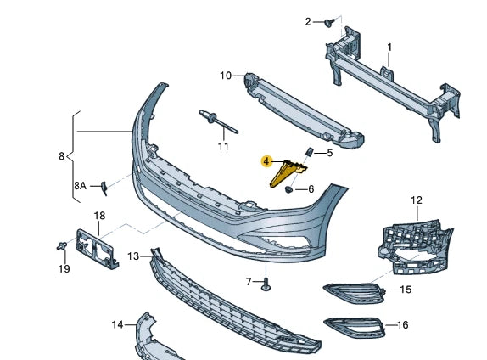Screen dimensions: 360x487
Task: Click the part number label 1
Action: click(x=389, y=47)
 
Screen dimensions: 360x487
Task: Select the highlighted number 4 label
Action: click(x=266, y=160)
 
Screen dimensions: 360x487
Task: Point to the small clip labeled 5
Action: click(x=310, y=152)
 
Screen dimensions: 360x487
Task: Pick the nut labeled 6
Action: click(x=290, y=189)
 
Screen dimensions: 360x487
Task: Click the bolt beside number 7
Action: click(x=266, y=283)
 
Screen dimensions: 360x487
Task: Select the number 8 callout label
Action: click(x=61, y=156)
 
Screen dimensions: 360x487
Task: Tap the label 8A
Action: click(x=80, y=185)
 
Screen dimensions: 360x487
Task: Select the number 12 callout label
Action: click(x=416, y=200)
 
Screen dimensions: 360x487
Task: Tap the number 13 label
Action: click(x=134, y=256)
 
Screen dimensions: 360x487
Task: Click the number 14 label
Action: click(x=117, y=323)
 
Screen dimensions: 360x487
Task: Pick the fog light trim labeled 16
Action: click(x=352, y=324)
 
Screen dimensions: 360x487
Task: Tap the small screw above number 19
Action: click(x=62, y=246)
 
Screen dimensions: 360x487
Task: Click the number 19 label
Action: click(x=64, y=270)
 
